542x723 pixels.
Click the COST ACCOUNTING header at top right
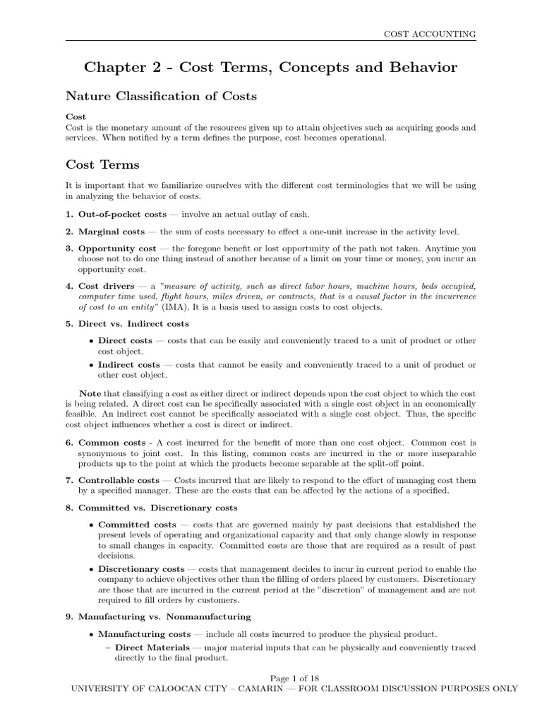(429, 33)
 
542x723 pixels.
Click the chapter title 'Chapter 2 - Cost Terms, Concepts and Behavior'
(270, 67)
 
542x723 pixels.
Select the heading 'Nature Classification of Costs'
(161, 95)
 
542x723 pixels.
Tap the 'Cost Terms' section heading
(102, 165)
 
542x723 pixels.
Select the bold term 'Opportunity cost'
(117, 249)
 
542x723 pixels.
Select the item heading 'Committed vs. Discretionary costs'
(157, 508)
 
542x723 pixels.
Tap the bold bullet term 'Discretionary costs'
(141, 568)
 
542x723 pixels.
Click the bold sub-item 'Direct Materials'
(152, 647)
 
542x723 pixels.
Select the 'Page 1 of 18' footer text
(270, 677)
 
